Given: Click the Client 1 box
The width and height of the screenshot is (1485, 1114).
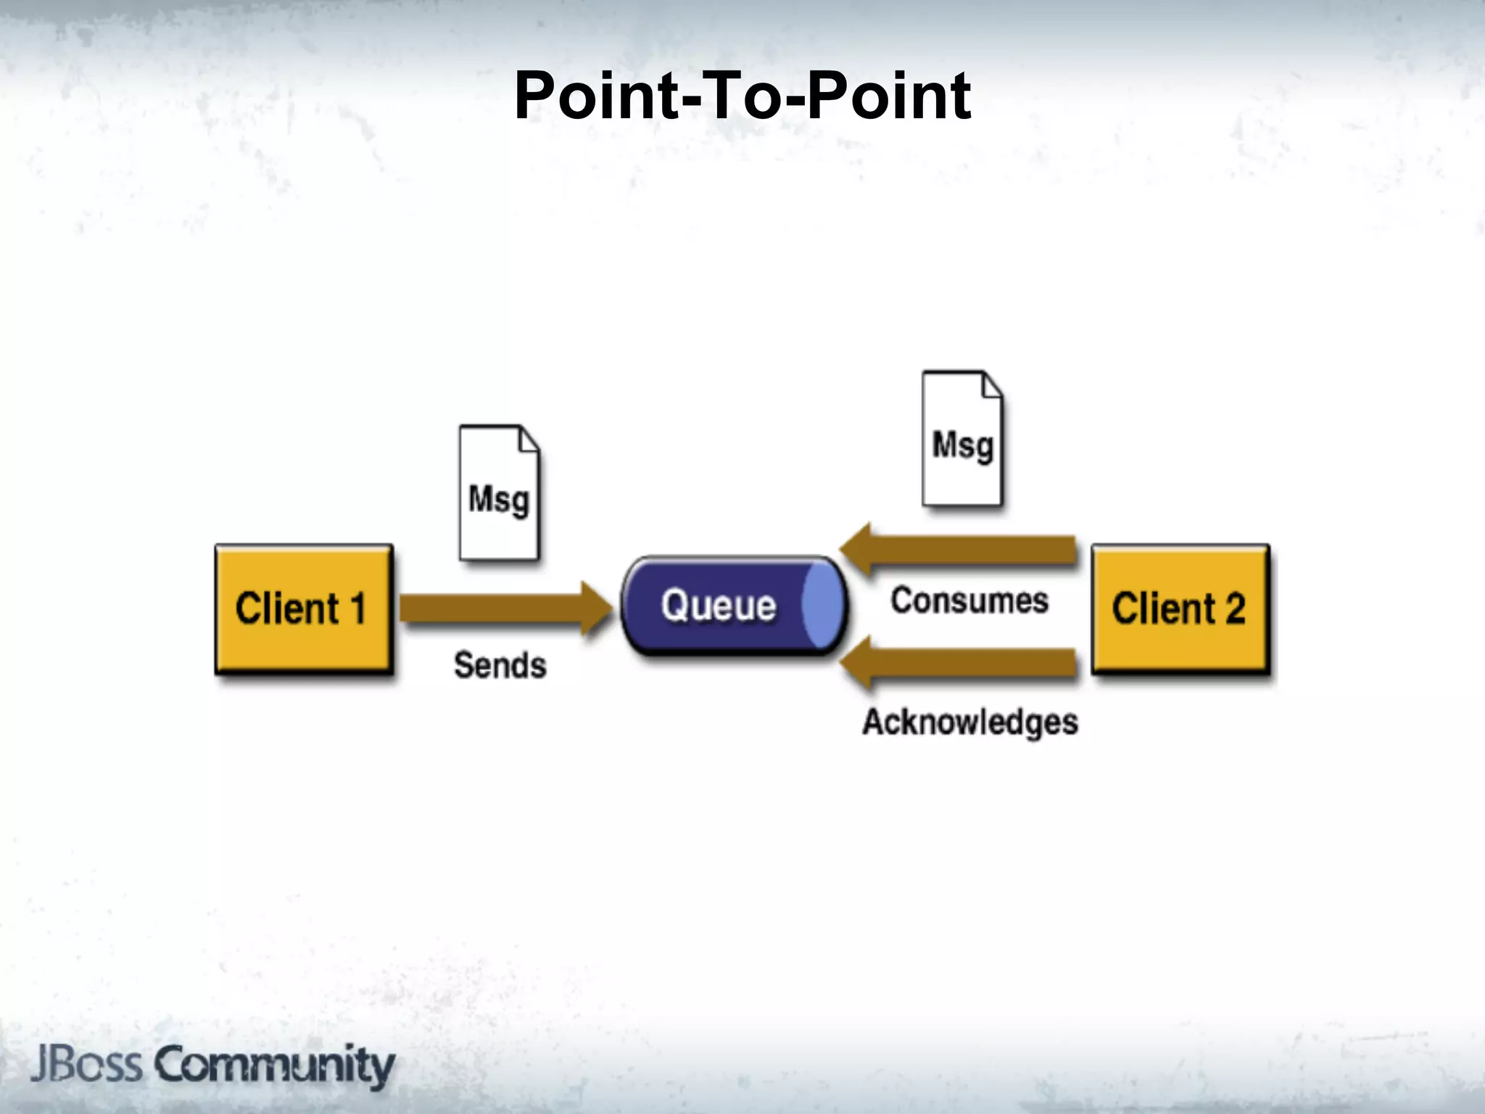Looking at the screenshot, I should pos(304,609).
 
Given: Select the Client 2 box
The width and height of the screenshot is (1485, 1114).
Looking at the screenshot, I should pos(1180,609).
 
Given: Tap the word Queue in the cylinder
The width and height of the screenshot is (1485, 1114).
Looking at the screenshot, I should pos(718,606).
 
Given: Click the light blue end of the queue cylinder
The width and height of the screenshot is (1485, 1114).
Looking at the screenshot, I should pos(823,606).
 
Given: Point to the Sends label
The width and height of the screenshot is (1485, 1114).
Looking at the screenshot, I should pos(500,665).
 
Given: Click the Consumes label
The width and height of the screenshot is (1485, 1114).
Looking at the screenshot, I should pos(969,601).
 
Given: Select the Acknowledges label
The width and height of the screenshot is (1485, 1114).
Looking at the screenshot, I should pos(969,722).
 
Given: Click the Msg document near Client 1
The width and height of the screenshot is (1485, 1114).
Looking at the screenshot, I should pos(499,493).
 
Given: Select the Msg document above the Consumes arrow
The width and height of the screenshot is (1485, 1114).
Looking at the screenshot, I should pos(962,439).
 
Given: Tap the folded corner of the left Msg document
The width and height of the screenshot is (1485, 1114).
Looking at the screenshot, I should pos(528,440).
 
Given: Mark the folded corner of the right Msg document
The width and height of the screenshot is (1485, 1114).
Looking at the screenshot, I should pos(991,385).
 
